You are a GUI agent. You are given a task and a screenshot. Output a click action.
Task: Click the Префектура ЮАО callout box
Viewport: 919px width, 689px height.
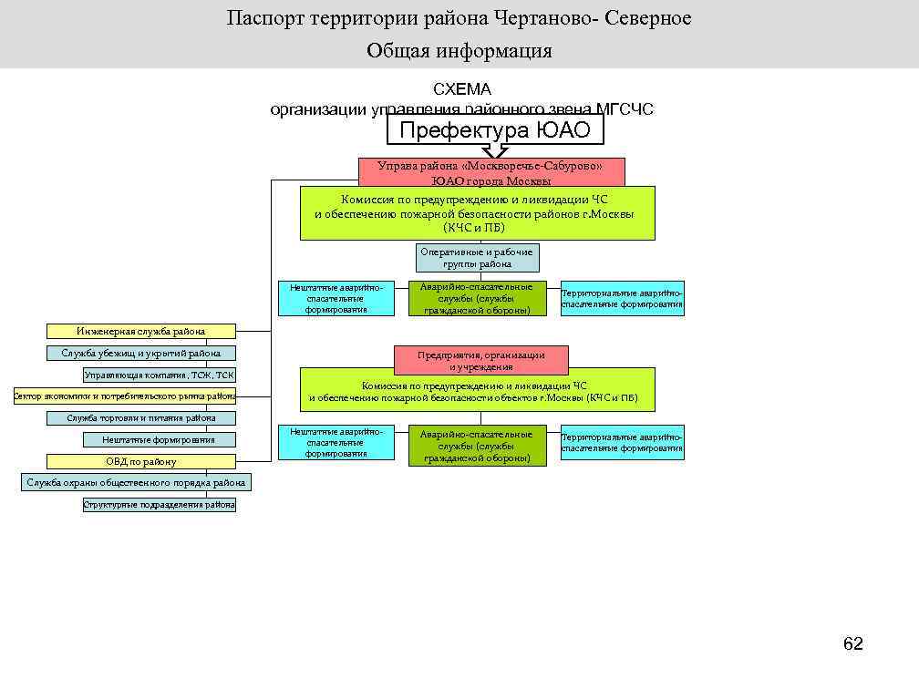pos(495,130)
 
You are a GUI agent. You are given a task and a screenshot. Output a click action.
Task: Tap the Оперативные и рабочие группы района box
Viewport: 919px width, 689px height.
pos(478,258)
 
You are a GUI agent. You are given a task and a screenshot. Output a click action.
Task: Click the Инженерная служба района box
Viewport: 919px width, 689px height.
pos(141,331)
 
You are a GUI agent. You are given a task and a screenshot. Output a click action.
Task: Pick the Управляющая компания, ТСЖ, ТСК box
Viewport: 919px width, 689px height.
pos(159,375)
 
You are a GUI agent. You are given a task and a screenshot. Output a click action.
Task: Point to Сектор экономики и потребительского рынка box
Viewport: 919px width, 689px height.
pos(124,396)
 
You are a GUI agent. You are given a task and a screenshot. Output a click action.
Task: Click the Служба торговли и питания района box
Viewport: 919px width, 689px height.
pos(141,418)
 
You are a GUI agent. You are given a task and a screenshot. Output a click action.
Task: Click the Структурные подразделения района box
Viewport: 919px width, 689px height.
pos(159,504)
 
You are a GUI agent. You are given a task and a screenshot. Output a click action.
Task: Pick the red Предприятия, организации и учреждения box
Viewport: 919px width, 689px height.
pos(481,360)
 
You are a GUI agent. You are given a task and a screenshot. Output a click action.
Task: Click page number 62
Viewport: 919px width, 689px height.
pos(852,644)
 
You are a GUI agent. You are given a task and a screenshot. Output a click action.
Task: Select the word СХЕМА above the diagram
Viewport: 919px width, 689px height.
pos(461,89)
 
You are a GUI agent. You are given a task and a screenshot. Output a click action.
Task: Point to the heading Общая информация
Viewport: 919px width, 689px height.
pos(459,50)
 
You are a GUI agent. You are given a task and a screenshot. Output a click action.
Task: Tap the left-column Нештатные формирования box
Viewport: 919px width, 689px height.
pos(159,439)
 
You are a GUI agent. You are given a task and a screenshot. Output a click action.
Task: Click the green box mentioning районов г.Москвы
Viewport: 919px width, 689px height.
pos(478,213)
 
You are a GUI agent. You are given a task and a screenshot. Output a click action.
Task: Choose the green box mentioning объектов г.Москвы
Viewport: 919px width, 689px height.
pos(478,390)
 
